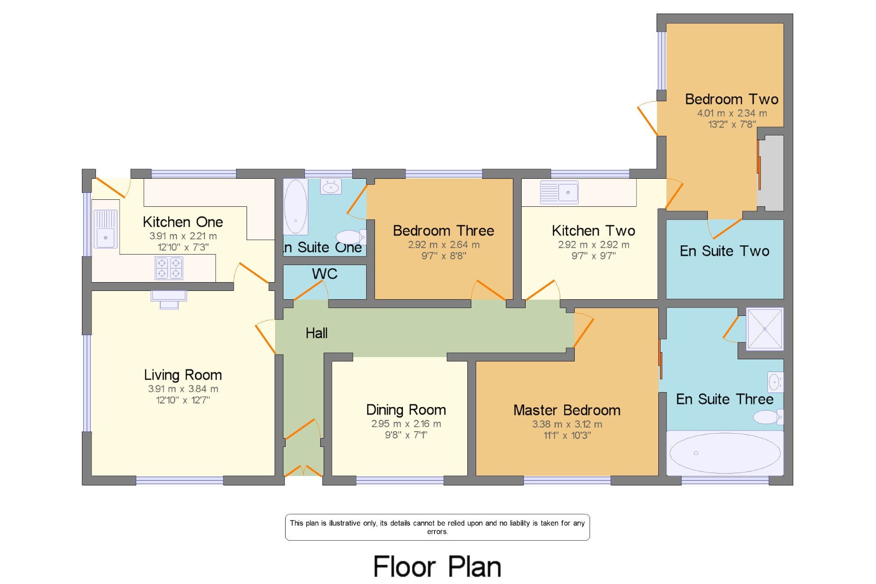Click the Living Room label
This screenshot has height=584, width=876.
click(183, 375)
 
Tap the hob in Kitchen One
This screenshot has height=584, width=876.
click(169, 268)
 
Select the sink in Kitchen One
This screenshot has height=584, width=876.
click(106, 229)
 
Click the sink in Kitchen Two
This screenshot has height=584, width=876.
click(559, 192)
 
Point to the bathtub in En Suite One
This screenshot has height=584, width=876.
click(296, 207)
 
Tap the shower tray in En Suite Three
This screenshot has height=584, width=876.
click(765, 329)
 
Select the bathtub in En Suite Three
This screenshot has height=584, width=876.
click(725, 453)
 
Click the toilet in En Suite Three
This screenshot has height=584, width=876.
click(768, 417)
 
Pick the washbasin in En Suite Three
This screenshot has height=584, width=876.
click(775, 382)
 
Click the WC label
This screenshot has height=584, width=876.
click(325, 274)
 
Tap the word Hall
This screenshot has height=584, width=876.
click(317, 333)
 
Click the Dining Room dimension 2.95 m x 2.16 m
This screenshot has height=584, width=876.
click(406, 424)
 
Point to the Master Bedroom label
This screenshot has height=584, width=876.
click(567, 410)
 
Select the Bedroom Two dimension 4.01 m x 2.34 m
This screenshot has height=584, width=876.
click(732, 113)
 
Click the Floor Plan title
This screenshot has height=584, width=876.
click(437, 566)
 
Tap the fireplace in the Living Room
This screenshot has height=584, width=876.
click(169, 300)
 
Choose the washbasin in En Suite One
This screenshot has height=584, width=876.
click(331, 187)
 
